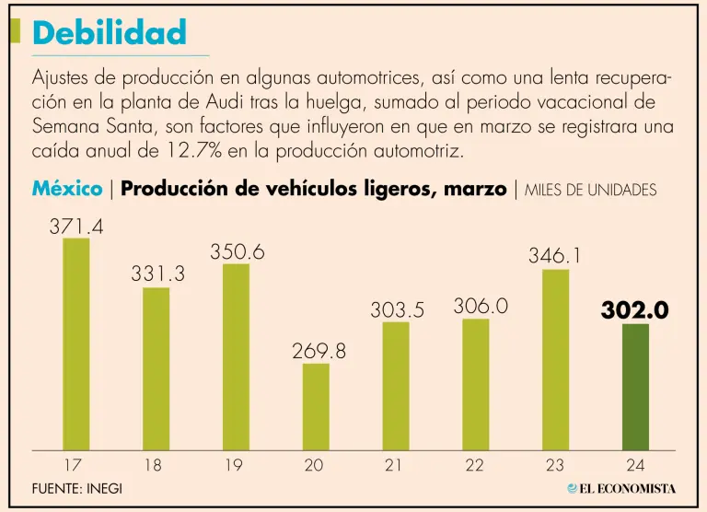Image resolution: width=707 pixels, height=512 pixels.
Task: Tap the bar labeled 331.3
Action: (x=156, y=368)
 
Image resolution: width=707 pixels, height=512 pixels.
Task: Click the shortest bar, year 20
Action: (x=316, y=406)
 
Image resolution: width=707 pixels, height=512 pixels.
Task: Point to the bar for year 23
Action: (x=555, y=359)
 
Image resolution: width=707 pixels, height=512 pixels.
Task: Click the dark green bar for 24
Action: (x=635, y=387)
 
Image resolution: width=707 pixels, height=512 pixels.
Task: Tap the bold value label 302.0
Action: (x=634, y=310)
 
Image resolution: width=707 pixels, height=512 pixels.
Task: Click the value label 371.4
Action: (x=76, y=225)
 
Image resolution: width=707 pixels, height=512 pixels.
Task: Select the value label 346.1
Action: (x=555, y=256)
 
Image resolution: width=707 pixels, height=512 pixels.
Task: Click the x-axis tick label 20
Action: (x=314, y=466)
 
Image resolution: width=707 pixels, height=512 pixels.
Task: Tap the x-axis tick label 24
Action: (x=634, y=466)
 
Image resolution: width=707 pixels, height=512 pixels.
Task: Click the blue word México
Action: (x=67, y=190)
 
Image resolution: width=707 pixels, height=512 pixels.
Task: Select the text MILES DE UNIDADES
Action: (x=590, y=191)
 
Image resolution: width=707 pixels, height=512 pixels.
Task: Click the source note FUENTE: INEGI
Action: (x=76, y=488)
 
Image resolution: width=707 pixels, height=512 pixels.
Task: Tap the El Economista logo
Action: (x=621, y=488)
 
